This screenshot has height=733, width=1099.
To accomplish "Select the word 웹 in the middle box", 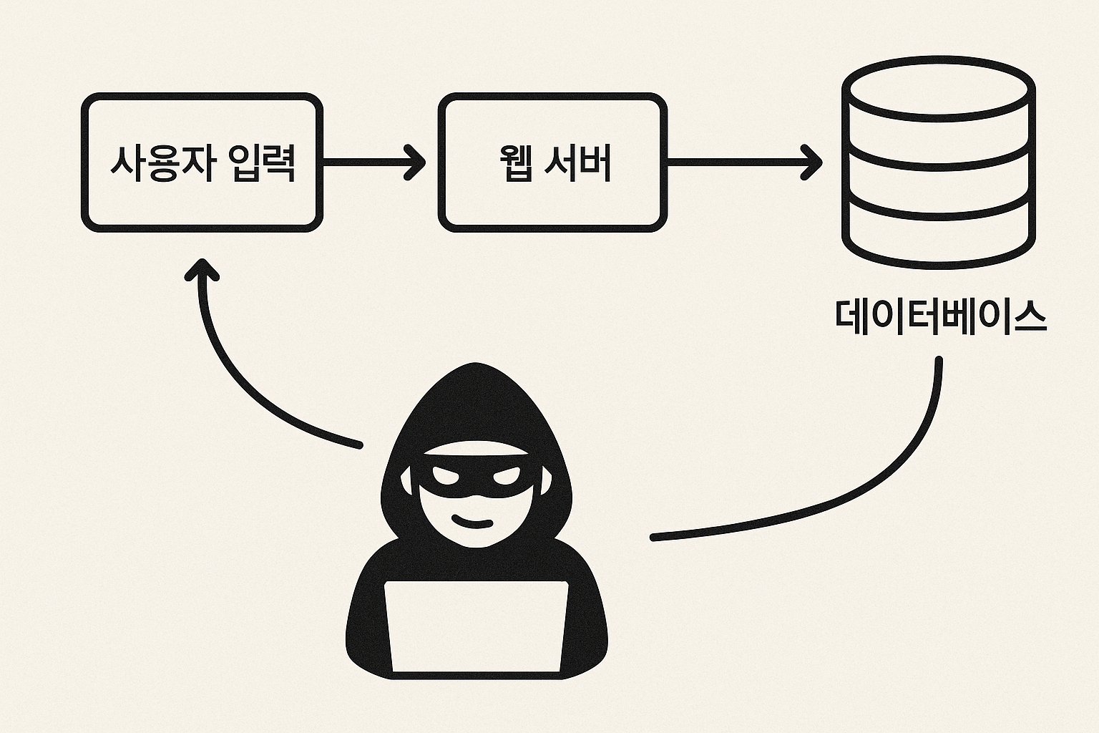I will (515, 164).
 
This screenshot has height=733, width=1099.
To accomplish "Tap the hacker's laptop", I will (476, 626).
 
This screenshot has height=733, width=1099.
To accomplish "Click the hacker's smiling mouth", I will (473, 521).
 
